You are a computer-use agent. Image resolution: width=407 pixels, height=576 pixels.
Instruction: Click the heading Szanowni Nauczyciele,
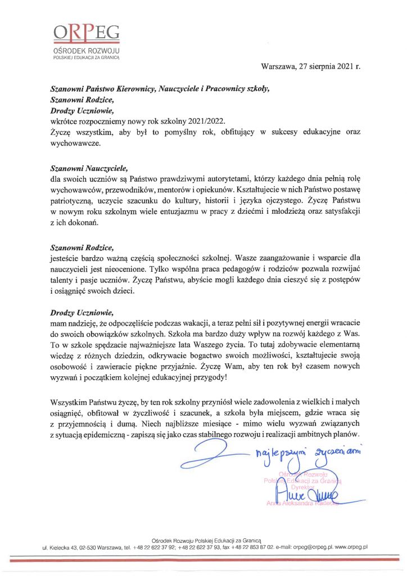pos(89,168)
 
